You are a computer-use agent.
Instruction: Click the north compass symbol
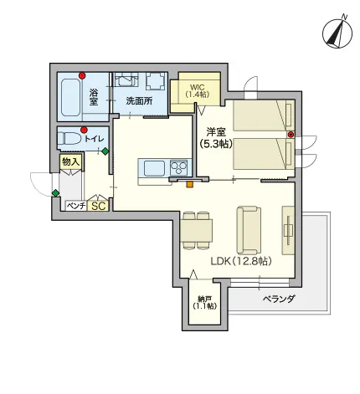337,33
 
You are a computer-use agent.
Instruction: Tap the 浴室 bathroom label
94,97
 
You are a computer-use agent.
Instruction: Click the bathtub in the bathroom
71,97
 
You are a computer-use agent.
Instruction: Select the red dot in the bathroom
82,75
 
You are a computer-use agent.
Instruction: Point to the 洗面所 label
139,101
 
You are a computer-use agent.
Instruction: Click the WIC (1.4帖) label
198,90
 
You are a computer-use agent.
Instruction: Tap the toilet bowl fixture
69,138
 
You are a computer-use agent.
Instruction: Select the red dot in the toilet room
84,130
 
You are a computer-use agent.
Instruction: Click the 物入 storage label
71,161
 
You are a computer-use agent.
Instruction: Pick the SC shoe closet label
99,206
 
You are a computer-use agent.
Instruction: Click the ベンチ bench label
76,206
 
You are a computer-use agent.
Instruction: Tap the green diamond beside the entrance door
56,192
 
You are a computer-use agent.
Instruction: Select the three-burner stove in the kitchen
178,167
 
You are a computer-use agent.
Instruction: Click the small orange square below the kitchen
190,184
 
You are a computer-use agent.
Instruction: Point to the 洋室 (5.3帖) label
216,138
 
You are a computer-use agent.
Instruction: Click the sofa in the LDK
249,230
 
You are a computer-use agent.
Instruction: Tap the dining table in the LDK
196,231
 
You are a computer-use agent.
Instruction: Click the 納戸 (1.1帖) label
204,302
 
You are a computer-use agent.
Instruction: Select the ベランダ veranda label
279,299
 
